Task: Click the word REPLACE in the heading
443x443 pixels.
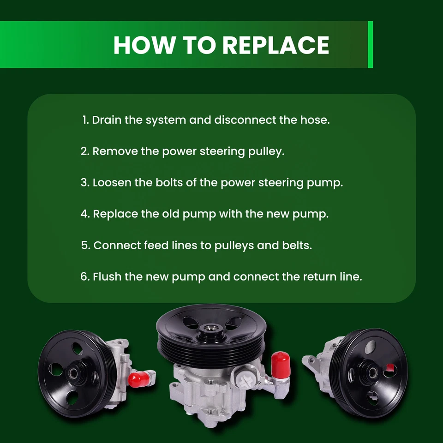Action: pos(275,45)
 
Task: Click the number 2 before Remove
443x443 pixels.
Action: pos(84,151)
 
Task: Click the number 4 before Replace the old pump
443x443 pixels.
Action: pos(84,214)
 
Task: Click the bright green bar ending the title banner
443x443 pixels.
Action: pos(370,45)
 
